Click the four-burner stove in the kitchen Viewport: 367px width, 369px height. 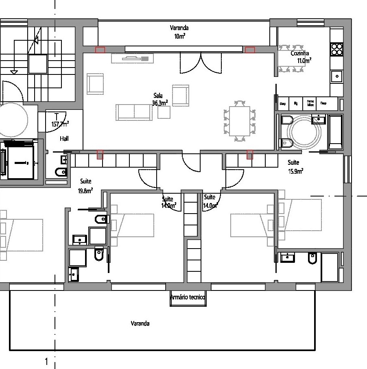(x=337, y=49)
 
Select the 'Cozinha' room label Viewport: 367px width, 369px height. (x=300, y=53)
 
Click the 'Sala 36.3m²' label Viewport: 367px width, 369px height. (x=160, y=100)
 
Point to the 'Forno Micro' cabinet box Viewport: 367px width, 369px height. (x=310, y=103)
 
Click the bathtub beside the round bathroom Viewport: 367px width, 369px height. (x=336, y=132)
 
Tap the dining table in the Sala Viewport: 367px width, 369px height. (x=240, y=121)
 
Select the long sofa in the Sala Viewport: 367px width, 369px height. (x=134, y=112)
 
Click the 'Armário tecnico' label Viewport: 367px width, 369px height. (x=188, y=297)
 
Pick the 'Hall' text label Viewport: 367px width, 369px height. (x=64, y=139)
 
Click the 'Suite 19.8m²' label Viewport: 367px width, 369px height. (x=86, y=186)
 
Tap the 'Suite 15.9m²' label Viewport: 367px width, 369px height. (x=295, y=166)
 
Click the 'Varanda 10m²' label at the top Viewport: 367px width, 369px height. (x=179, y=32)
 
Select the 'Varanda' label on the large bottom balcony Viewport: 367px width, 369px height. (x=140, y=324)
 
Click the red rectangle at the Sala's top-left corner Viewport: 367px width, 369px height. (x=100, y=50)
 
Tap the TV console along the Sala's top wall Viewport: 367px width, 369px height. (x=133, y=59)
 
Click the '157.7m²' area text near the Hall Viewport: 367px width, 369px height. (x=60, y=124)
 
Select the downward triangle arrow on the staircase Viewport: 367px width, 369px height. (x=14, y=72)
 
